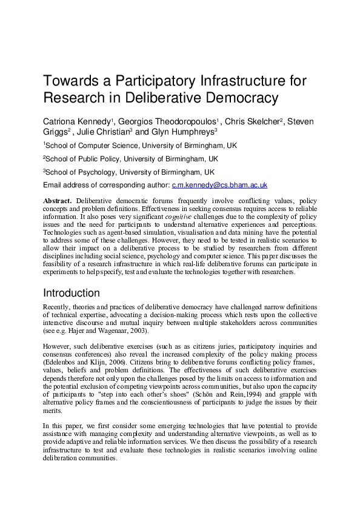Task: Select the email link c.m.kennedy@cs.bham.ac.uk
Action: tap(220, 185)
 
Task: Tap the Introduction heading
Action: tap(80, 293)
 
